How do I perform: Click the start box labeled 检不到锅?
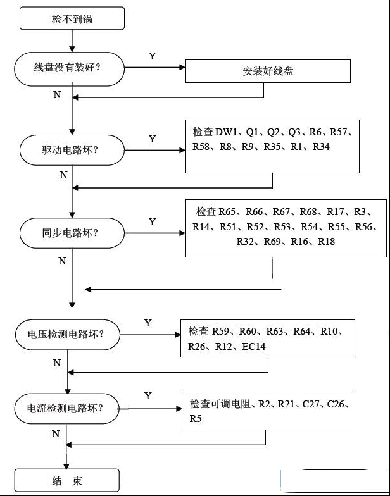[72, 19]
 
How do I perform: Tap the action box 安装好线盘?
[267, 71]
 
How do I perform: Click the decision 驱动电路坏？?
[72, 150]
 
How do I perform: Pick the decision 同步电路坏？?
[72, 233]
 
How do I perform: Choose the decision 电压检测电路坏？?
[68, 334]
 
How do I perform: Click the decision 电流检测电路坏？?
[67, 409]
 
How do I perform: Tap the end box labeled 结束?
[67, 481]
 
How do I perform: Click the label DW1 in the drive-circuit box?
[226, 132]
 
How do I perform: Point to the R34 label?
[322, 147]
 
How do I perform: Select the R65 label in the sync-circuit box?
[227, 211]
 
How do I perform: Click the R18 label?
[327, 242]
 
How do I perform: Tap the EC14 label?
[253, 347]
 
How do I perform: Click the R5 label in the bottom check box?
[195, 419]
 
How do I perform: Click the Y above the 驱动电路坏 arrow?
[152, 139]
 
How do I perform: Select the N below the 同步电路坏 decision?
[62, 261]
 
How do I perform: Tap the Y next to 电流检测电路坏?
[148, 396]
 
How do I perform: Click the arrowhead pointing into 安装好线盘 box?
[182, 67]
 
